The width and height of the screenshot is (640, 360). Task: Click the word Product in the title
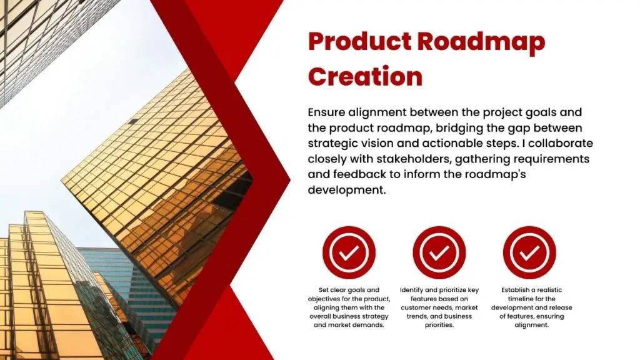click(x=359, y=42)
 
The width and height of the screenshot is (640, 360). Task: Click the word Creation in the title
click(x=365, y=76)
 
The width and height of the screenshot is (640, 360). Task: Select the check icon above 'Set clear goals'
click(x=349, y=252)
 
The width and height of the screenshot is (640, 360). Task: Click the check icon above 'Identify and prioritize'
click(x=439, y=252)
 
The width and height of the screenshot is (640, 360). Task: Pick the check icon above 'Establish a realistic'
click(x=529, y=252)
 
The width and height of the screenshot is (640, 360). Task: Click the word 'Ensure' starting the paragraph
click(x=326, y=112)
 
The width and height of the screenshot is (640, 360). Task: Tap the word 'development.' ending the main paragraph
click(x=346, y=190)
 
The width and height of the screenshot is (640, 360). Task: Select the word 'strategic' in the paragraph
click(x=333, y=143)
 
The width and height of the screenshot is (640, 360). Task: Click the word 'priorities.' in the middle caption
click(x=439, y=325)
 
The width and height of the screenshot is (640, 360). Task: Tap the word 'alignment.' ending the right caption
click(x=531, y=325)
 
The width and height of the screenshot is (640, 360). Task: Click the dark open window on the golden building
click(x=133, y=122)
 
